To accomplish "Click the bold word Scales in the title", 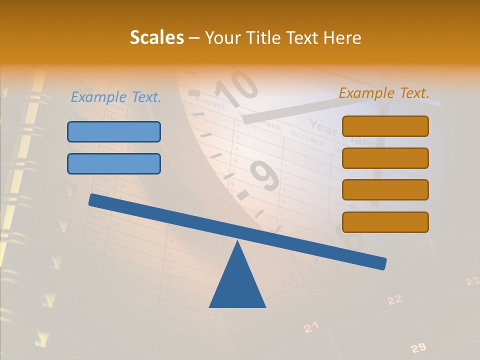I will coord(156,37).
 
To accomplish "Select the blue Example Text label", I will coord(116,97).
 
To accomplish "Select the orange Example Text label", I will coord(384,93).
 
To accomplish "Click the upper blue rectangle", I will coord(114,131).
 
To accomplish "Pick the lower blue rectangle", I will coord(114,163).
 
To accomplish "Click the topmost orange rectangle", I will coord(385,126).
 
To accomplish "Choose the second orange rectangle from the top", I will coord(385,158).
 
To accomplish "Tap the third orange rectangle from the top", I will coord(385,190).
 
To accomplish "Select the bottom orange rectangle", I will coord(385,222).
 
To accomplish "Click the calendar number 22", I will coord(394,299).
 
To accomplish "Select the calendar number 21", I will coord(311,327).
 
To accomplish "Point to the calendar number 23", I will coord(471,281).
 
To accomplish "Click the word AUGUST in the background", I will coord(210,104).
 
